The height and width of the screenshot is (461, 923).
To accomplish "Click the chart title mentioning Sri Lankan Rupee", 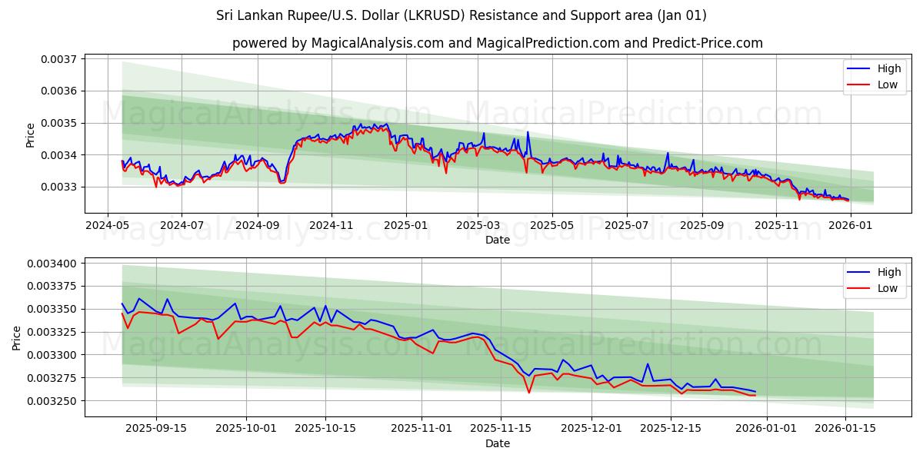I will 461,15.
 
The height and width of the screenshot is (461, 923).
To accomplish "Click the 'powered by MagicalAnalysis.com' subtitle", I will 497,43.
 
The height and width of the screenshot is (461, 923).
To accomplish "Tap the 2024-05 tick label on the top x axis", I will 107,225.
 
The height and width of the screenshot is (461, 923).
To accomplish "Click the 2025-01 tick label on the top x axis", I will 405,225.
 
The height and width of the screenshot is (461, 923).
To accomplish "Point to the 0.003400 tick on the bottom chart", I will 53,264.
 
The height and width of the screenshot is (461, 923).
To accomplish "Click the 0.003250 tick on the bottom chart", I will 53,401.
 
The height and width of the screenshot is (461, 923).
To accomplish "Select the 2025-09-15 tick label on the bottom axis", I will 156,429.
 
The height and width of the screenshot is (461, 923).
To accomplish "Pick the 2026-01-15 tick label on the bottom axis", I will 845,429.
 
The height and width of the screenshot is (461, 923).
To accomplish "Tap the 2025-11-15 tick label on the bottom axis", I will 501,429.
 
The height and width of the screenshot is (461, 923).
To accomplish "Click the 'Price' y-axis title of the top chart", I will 31,135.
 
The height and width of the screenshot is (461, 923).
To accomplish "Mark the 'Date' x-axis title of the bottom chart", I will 497,443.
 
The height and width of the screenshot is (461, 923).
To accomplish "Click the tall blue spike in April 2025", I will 528,132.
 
